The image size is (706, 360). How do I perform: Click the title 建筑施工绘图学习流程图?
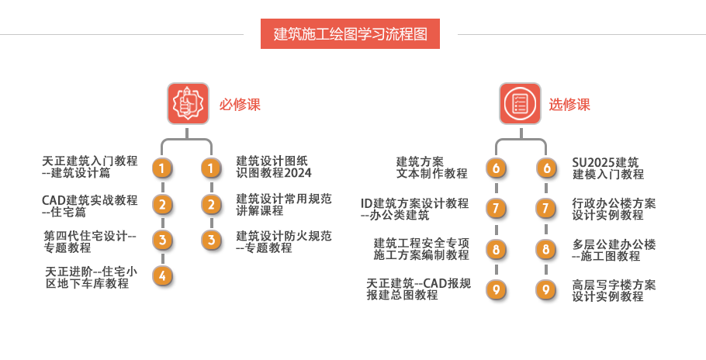[x=350, y=34]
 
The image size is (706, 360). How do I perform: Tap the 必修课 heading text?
[x=239, y=104]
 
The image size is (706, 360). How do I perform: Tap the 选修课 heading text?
[x=569, y=104]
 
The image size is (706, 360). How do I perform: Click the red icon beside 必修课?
[x=188, y=103]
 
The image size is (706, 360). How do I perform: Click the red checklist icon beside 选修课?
[x=519, y=103]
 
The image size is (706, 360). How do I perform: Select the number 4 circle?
[x=161, y=275]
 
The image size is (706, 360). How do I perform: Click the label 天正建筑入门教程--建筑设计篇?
[x=90, y=167]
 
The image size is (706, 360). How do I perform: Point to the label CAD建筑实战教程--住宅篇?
[x=90, y=205]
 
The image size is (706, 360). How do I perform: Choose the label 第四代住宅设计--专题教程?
[x=90, y=241]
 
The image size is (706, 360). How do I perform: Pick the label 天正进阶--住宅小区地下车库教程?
[x=91, y=277]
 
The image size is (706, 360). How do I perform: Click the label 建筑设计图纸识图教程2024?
[x=274, y=167]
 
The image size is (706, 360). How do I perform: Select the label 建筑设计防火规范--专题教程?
[x=283, y=241]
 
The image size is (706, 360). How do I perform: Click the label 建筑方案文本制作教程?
[x=432, y=168]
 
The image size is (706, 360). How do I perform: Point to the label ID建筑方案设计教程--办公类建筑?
[x=415, y=209]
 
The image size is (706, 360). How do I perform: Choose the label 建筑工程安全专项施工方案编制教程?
[x=421, y=249]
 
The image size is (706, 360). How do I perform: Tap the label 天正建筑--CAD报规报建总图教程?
[x=418, y=289]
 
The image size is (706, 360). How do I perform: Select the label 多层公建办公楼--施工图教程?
[x=614, y=249]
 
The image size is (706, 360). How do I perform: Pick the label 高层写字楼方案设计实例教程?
[x=614, y=290]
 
